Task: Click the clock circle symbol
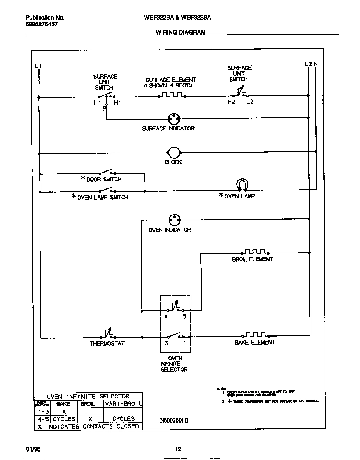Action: coord(173,153)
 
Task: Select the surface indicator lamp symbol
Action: coord(173,118)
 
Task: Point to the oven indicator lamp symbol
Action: coord(174,220)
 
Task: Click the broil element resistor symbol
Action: coord(255,252)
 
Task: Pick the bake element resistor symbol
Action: coord(255,335)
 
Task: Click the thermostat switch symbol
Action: coord(108,334)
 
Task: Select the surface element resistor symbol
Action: coord(171,95)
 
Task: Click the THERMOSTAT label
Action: coord(107,344)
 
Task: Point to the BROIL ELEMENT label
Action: coord(252,259)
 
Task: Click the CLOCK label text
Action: coord(173,162)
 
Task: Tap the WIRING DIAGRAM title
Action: coord(180,32)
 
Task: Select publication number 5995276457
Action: coord(42,25)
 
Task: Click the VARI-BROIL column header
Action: coord(123,404)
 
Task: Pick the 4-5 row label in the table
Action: coord(42,419)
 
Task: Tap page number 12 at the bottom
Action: coord(178,449)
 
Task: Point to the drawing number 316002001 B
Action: coord(174,420)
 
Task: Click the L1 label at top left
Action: coord(38,65)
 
